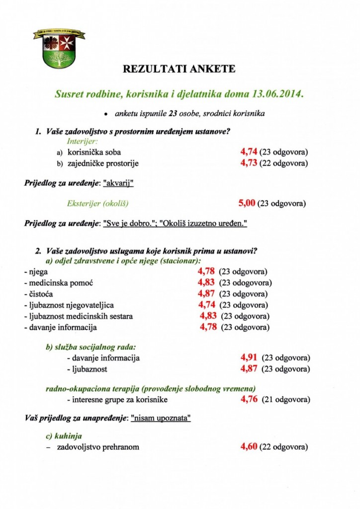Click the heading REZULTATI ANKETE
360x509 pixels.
tap(179, 70)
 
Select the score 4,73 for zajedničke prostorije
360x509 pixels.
tap(248, 163)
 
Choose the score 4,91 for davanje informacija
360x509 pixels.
tap(249, 357)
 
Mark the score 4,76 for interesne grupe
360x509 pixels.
tap(249, 399)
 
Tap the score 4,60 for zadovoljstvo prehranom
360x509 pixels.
tap(249, 446)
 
